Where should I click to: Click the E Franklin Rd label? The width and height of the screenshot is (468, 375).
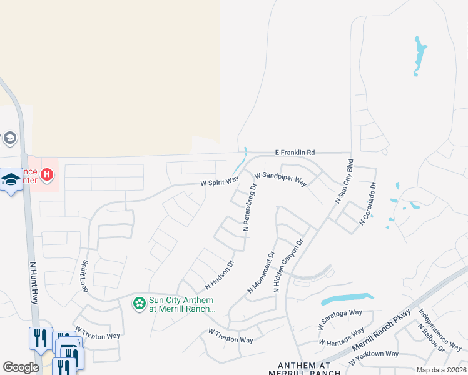pyautogui.click(x=295, y=152)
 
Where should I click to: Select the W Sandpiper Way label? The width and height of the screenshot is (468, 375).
pyautogui.click(x=280, y=179)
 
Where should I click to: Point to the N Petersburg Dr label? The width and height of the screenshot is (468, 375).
pyautogui.click(x=250, y=208)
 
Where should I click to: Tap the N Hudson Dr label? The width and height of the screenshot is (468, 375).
pyautogui.click(x=220, y=276)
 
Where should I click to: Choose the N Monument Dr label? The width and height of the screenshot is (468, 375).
pyautogui.click(x=261, y=273)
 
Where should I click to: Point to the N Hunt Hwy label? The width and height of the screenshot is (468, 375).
pyautogui.click(x=34, y=282)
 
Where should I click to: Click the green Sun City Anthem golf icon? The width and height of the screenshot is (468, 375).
pyautogui.click(x=139, y=304)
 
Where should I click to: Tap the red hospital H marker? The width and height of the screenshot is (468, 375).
pyautogui.click(x=47, y=174)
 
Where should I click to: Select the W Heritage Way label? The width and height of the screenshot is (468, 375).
pyautogui.click(x=341, y=337)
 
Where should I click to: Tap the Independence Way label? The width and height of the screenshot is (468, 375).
pyautogui.click(x=440, y=330)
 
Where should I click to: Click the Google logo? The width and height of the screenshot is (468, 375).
pyautogui.click(x=21, y=367)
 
